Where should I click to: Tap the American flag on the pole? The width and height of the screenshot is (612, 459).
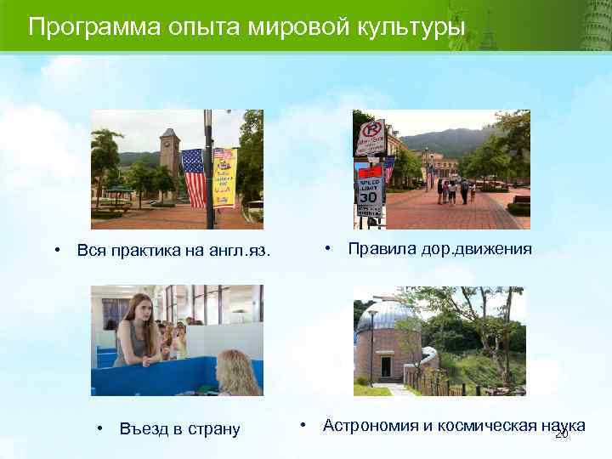(194, 178)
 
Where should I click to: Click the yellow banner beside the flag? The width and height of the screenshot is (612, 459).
(224, 177)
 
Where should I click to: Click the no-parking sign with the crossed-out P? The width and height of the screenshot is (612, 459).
(371, 132)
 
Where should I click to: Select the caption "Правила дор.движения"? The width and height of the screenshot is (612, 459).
(439, 249)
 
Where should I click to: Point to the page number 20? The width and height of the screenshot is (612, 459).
(561, 434)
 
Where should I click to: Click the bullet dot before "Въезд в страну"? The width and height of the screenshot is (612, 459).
(100, 428)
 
